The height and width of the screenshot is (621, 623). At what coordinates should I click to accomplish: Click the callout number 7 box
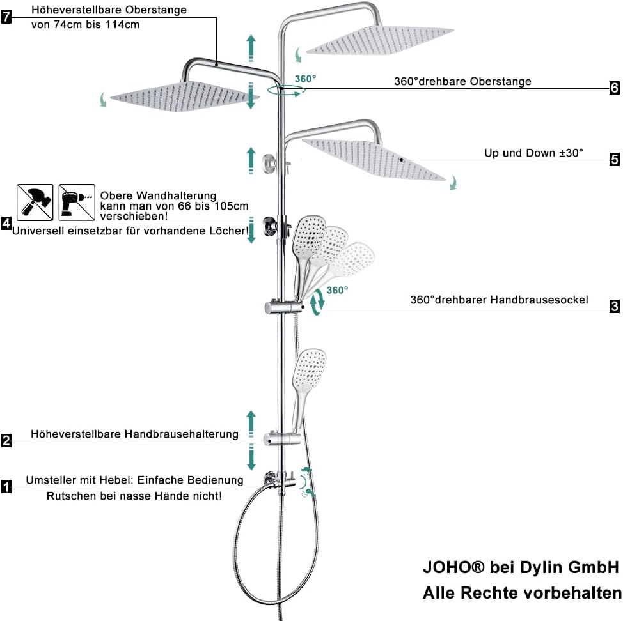click(6, 17)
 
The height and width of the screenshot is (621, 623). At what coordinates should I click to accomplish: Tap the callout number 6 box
click(614, 88)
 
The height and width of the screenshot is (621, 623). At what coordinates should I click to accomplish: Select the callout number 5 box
click(614, 159)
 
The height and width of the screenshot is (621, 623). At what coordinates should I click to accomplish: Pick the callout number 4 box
click(6, 224)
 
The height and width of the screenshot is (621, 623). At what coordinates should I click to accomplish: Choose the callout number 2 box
click(6, 440)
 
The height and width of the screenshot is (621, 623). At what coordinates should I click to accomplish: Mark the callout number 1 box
click(6, 487)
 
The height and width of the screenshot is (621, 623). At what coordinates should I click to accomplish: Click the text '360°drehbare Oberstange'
click(462, 82)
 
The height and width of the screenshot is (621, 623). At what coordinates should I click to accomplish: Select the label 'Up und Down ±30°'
click(534, 153)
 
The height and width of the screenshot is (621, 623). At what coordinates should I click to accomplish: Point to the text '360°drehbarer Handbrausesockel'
click(499, 300)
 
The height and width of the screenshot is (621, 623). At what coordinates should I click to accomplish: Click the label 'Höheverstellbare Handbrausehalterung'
click(134, 434)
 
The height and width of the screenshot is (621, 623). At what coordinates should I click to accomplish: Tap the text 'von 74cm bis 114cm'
click(85, 25)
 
